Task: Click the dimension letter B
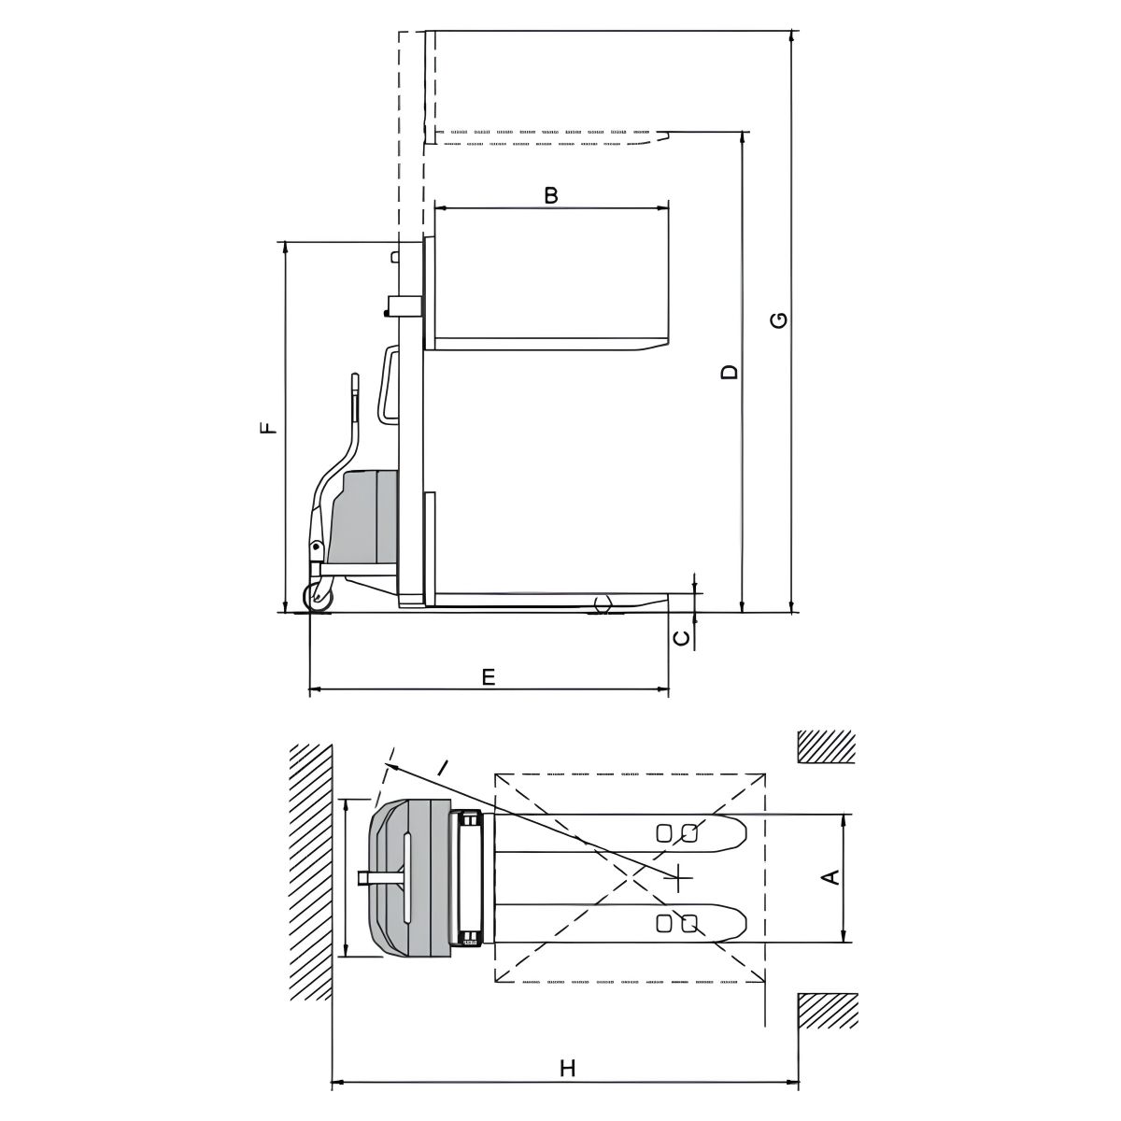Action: pyautogui.click(x=550, y=195)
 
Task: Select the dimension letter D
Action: pyautogui.click(x=729, y=372)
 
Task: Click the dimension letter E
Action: pyautogui.click(x=489, y=677)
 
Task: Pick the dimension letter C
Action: pyautogui.click(x=681, y=638)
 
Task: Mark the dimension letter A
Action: pyautogui.click(x=833, y=876)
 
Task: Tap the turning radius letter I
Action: pyautogui.click(x=443, y=768)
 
